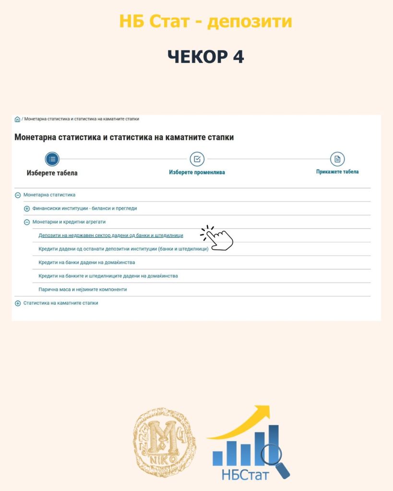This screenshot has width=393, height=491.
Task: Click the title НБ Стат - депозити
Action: pyautogui.click(x=205, y=21)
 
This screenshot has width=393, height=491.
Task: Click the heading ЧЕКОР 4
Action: pyautogui.click(x=205, y=56)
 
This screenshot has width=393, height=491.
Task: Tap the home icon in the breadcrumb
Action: pyautogui.click(x=18, y=119)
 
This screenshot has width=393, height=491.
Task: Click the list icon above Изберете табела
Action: pyautogui.click(x=52, y=159)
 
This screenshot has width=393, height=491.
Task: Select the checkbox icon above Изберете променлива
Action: pyautogui.click(x=197, y=159)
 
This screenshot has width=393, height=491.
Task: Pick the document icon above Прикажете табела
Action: pyautogui.click(x=337, y=159)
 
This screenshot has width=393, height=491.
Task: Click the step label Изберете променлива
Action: pyautogui.click(x=197, y=172)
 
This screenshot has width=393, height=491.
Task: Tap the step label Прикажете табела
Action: pyautogui.click(x=337, y=172)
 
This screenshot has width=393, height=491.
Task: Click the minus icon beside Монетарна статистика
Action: pyautogui.click(x=18, y=195)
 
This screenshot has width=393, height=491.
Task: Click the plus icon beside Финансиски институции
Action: pyautogui.click(x=27, y=209)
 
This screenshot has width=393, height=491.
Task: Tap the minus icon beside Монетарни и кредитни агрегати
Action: pyautogui.click(x=27, y=222)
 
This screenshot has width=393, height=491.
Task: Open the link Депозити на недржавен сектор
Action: pyautogui.click(x=110, y=235)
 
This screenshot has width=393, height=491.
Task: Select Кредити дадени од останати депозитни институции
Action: pyautogui.click(x=123, y=249)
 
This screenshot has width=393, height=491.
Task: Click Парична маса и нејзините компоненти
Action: pyautogui.click(x=83, y=290)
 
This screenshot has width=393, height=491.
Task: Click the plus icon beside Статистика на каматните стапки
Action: pyautogui.click(x=18, y=303)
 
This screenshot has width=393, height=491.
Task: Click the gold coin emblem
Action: pyautogui.click(x=164, y=439)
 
